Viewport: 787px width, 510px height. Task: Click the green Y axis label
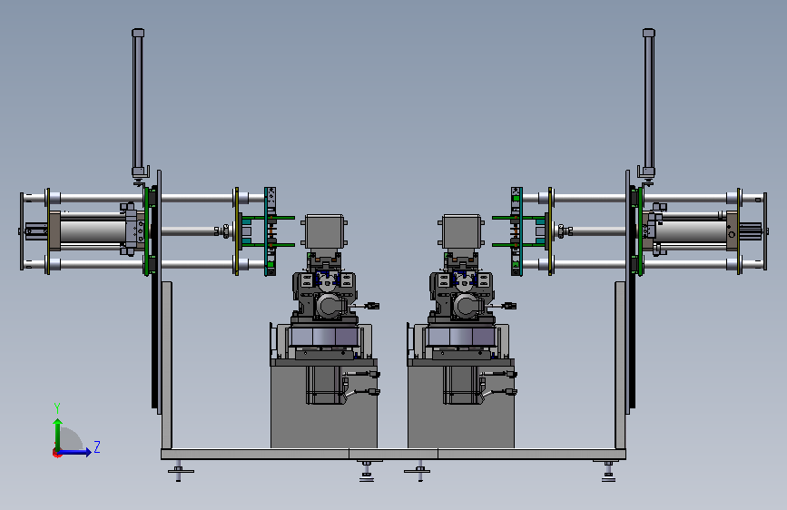[57, 407]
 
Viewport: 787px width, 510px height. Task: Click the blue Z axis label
[97, 446]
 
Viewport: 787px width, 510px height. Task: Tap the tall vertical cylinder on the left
[138, 102]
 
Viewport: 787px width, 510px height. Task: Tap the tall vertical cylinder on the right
[648, 102]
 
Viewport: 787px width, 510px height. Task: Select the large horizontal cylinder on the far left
[93, 230]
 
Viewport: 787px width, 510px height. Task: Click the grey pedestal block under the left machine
[324, 407]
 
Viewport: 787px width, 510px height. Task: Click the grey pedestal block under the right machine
[461, 407]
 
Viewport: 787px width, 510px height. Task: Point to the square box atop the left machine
[324, 231]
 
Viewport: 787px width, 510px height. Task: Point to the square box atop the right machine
[462, 231]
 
